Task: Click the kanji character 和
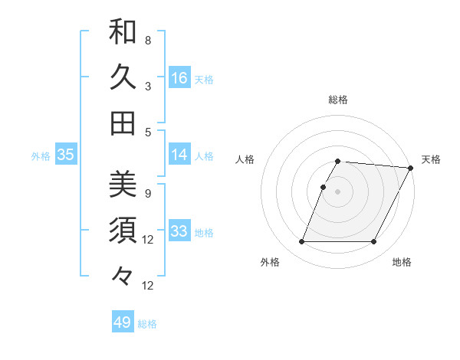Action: [123, 31]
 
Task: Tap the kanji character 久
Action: [123, 77]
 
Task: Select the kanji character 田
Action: [123, 123]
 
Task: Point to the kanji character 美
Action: [123, 185]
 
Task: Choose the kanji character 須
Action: [123, 230]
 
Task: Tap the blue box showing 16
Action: [179, 78]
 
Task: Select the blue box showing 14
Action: [179, 155]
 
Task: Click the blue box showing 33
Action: [179, 232]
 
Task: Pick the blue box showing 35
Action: [66, 155]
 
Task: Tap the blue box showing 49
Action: [123, 322]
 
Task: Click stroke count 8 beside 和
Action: [148, 40]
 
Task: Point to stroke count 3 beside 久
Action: [148, 86]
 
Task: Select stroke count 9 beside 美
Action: [148, 193]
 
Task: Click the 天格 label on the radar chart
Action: [431, 159]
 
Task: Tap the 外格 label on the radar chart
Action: [270, 263]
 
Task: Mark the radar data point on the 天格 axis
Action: [411, 168]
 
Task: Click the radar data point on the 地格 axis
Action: [374, 242]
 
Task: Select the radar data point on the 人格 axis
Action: [324, 187]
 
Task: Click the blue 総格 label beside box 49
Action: [147, 324]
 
